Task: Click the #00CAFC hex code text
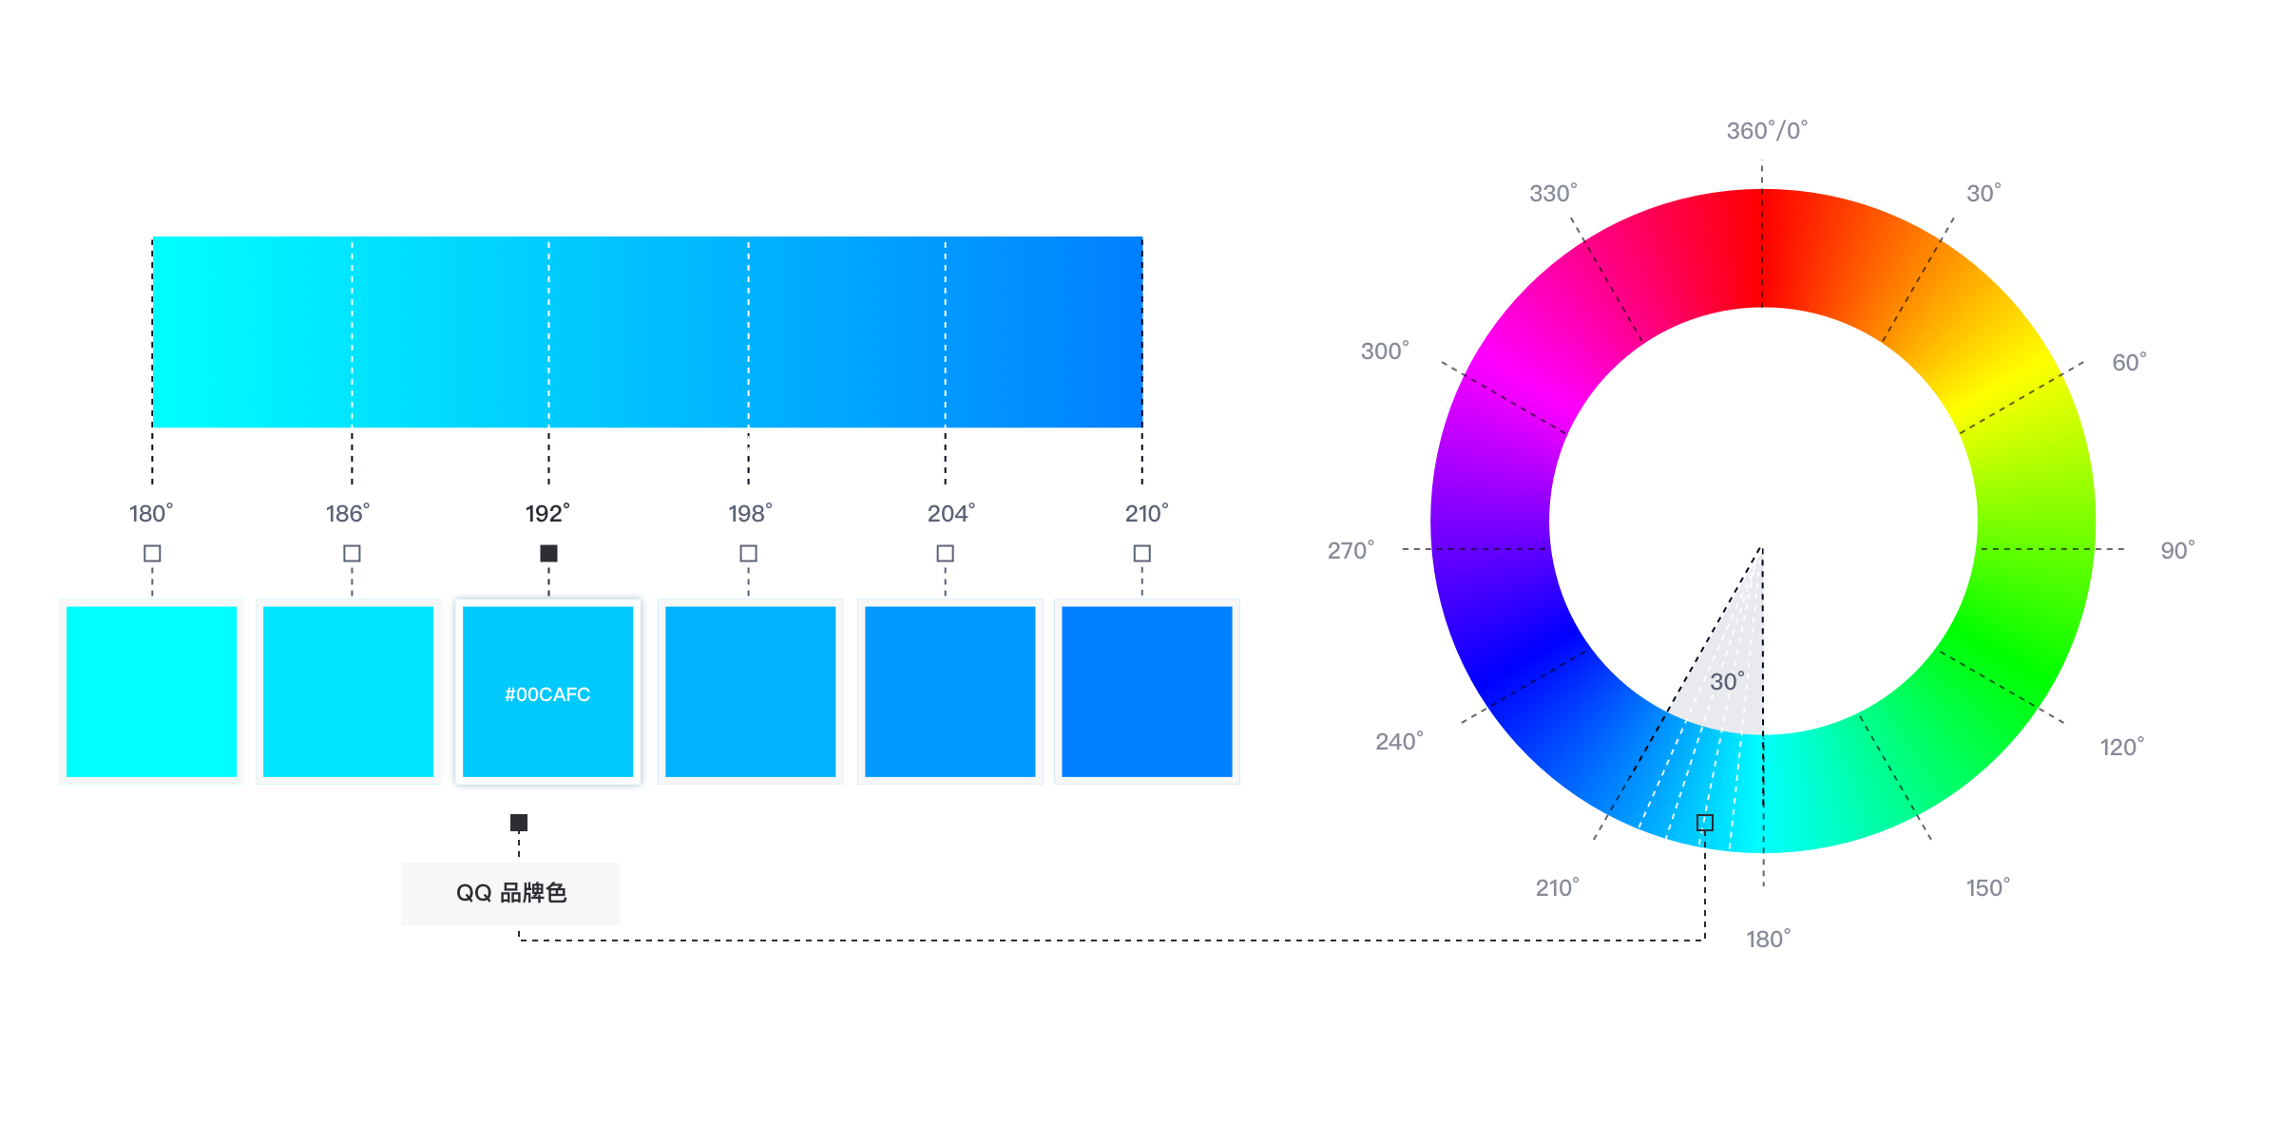[x=547, y=694]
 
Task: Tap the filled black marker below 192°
[x=548, y=553]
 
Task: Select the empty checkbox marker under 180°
[x=152, y=553]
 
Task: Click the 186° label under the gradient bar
[x=348, y=513]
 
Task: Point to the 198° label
[x=750, y=513]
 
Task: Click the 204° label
[x=951, y=513]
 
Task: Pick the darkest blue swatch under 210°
[x=1147, y=692]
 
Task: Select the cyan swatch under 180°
[x=152, y=692]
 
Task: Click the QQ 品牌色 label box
[x=510, y=893]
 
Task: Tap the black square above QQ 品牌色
[x=519, y=823]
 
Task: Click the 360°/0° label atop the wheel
[x=1767, y=130]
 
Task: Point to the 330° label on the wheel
[x=1553, y=193]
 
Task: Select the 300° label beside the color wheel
[x=1385, y=351]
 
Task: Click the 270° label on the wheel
[x=1351, y=550]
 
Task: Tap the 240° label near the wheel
[x=1399, y=741]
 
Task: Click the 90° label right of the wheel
[x=2177, y=550]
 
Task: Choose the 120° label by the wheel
[x=2122, y=747]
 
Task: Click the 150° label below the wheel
[x=1988, y=887]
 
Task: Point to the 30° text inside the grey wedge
[x=1727, y=681]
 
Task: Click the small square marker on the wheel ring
[x=1705, y=823]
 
